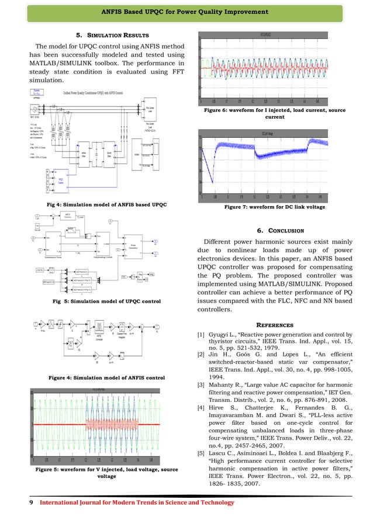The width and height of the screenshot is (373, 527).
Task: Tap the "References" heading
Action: coord(278,325)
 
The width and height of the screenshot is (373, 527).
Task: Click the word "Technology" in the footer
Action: coord(214,503)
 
